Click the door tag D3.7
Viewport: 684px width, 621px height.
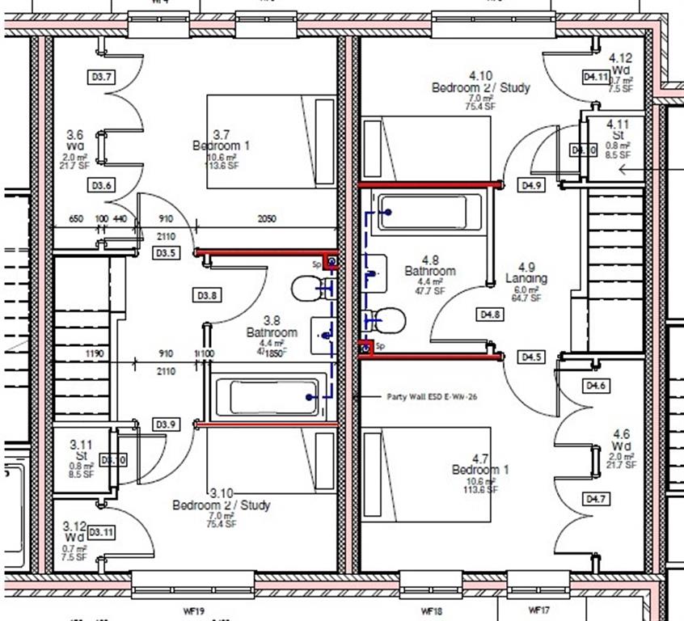(x=103, y=78)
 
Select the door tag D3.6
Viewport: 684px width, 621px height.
(x=102, y=186)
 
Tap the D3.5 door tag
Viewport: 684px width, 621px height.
(x=166, y=253)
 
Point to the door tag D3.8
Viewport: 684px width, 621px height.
(x=206, y=296)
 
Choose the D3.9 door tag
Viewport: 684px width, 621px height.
(x=166, y=425)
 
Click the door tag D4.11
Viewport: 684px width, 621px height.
(x=596, y=77)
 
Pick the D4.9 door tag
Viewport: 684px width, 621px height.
(x=531, y=185)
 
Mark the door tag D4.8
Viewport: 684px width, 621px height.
(x=491, y=314)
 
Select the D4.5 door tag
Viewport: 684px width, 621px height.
(x=532, y=357)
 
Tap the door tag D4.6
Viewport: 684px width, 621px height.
(x=596, y=387)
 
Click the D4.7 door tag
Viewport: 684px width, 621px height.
(x=596, y=499)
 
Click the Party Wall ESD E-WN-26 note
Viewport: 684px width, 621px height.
(x=420, y=397)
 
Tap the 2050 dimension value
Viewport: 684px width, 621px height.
(x=267, y=219)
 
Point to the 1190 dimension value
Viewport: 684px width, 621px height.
(x=95, y=354)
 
